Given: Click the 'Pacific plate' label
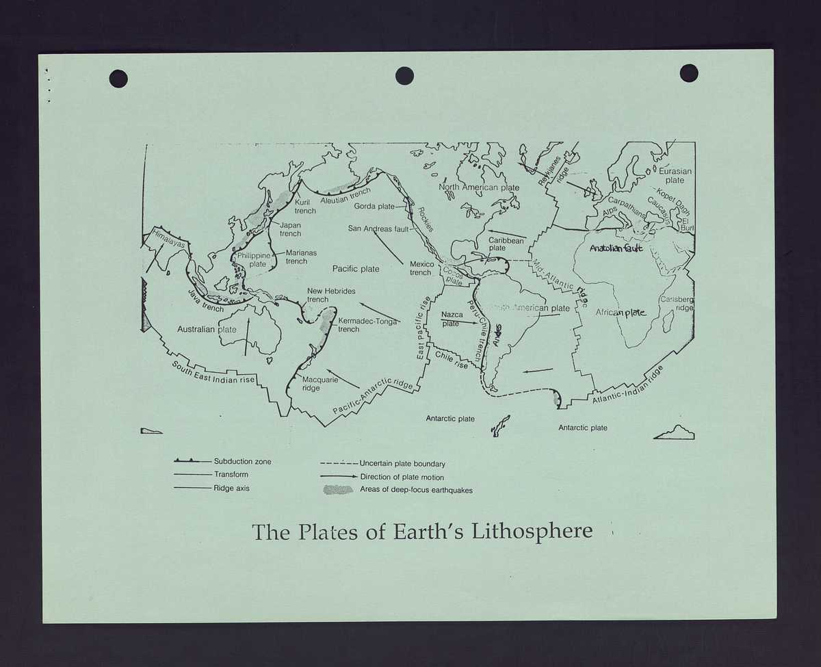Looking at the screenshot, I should (356, 269).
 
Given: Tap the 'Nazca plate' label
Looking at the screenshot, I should (452, 319).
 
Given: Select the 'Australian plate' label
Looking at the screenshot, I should (207, 329).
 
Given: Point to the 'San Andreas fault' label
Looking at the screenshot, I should (378, 228).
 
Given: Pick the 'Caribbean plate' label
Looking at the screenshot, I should (506, 244).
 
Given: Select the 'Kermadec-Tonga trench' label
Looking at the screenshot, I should (367, 325).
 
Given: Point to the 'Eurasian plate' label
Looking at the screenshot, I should (675, 176).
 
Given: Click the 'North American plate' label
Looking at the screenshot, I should (479, 187).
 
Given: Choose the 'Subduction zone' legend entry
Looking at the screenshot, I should (242, 461).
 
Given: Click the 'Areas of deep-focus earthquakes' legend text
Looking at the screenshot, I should (416, 490).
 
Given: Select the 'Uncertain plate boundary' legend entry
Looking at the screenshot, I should (402, 464).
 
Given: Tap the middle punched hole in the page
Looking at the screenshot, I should (404, 76).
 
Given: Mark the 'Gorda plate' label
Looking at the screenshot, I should (374, 206).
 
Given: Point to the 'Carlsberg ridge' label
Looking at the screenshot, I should (676, 304).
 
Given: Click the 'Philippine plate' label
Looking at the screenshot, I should (254, 260).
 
